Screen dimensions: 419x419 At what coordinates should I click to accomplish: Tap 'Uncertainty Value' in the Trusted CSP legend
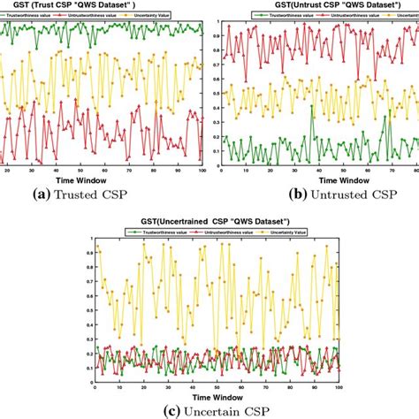(164, 15)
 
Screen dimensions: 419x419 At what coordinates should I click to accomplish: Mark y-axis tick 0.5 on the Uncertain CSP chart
(85, 309)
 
